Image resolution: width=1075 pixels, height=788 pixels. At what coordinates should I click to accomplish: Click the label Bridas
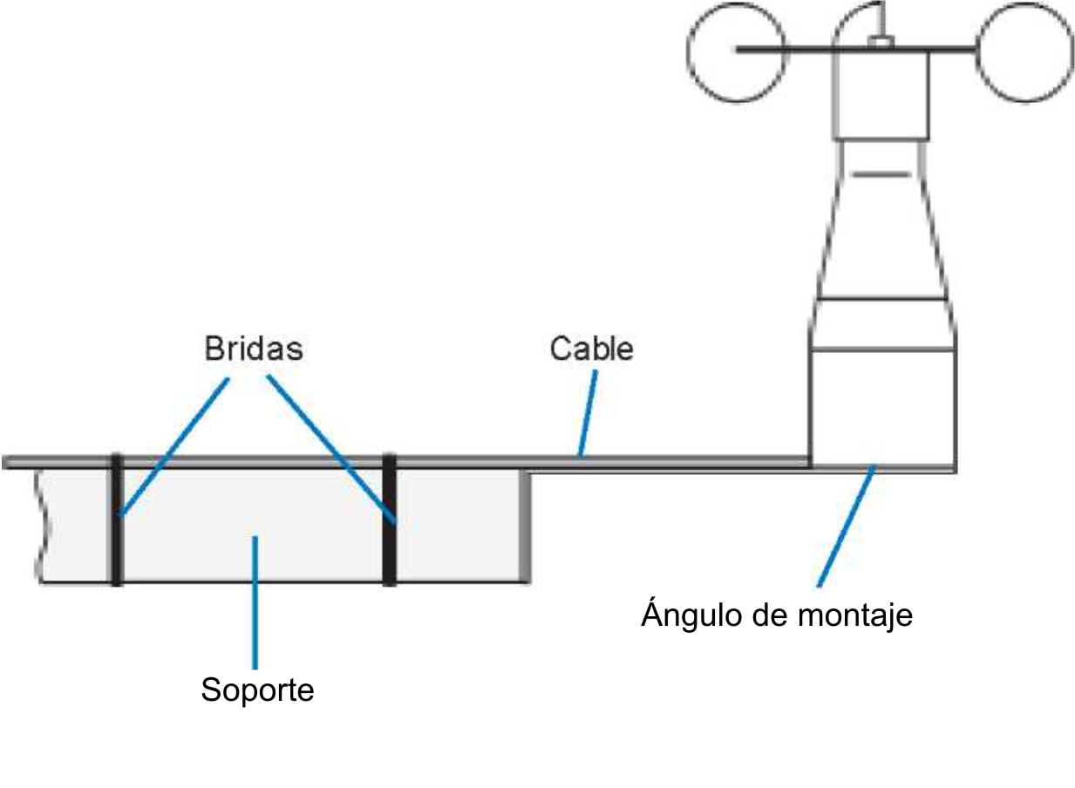[253, 349]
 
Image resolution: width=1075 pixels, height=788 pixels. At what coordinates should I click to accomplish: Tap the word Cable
[590, 349]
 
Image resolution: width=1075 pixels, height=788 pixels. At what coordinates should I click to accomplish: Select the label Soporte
[256, 690]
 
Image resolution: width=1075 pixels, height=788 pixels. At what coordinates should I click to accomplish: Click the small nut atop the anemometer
[881, 39]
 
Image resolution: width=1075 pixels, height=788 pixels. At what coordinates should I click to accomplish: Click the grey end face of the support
[525, 525]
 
